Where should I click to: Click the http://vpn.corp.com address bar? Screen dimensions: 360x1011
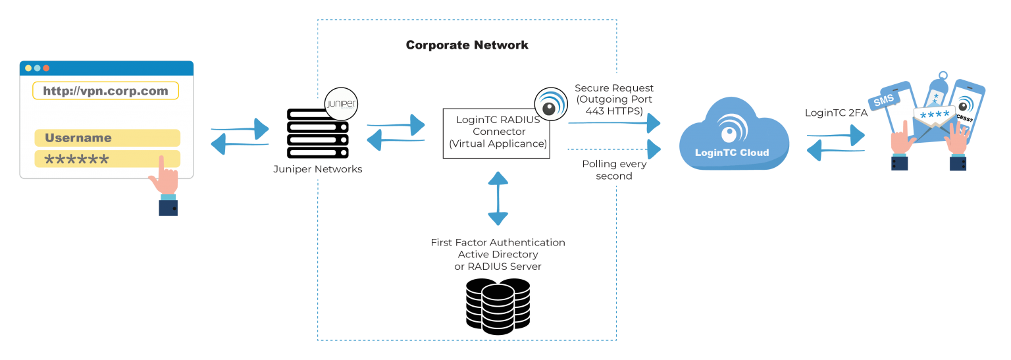click(105, 91)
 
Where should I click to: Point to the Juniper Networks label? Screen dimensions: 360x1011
click(317, 170)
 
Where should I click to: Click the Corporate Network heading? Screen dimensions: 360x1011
click(467, 45)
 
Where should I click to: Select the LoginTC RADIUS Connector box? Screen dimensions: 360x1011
click(497, 132)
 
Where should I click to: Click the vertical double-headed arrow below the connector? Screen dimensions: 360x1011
click(498, 198)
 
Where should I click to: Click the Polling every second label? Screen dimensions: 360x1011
click(613, 170)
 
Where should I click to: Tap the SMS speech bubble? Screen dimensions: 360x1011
click(883, 101)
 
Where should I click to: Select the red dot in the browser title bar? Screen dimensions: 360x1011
click(46, 68)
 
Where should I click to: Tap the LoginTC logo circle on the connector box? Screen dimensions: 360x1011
click(550, 104)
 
